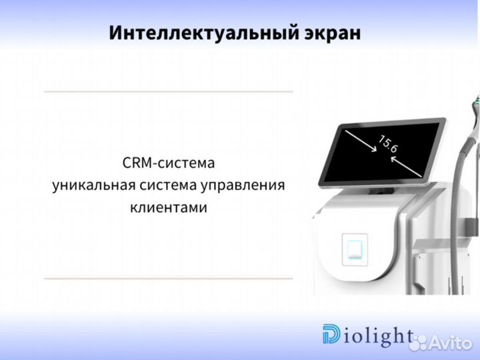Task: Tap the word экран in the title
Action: click(335, 33)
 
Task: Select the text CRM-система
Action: click(169, 162)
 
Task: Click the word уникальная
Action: click(93, 185)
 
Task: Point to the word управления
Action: click(243, 185)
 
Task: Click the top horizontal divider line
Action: click(168, 91)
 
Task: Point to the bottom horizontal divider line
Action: click(168, 278)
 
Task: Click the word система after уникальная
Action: click(166, 185)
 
